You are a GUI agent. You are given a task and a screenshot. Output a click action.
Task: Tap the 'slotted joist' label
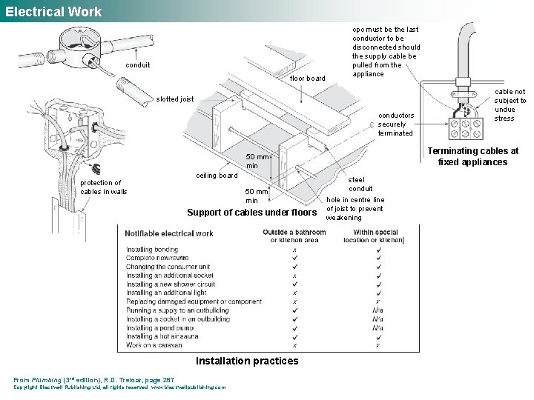coord(175,99)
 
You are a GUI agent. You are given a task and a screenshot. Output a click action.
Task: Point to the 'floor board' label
coord(307,78)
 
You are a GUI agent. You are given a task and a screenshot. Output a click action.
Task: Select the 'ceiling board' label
coord(217,176)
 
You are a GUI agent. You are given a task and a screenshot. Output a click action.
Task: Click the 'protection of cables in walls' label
coord(104,187)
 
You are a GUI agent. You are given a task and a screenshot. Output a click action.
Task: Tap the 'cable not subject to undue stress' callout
coord(510,105)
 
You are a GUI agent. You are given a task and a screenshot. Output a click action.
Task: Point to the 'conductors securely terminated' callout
coord(396,124)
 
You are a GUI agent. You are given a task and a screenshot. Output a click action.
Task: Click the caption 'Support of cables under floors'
coord(251,213)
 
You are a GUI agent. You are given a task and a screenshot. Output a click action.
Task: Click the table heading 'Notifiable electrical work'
coord(169,233)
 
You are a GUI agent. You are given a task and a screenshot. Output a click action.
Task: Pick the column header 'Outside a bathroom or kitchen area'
coord(294,236)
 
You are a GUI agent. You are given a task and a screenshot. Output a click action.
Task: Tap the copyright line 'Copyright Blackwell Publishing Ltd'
coord(119,387)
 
